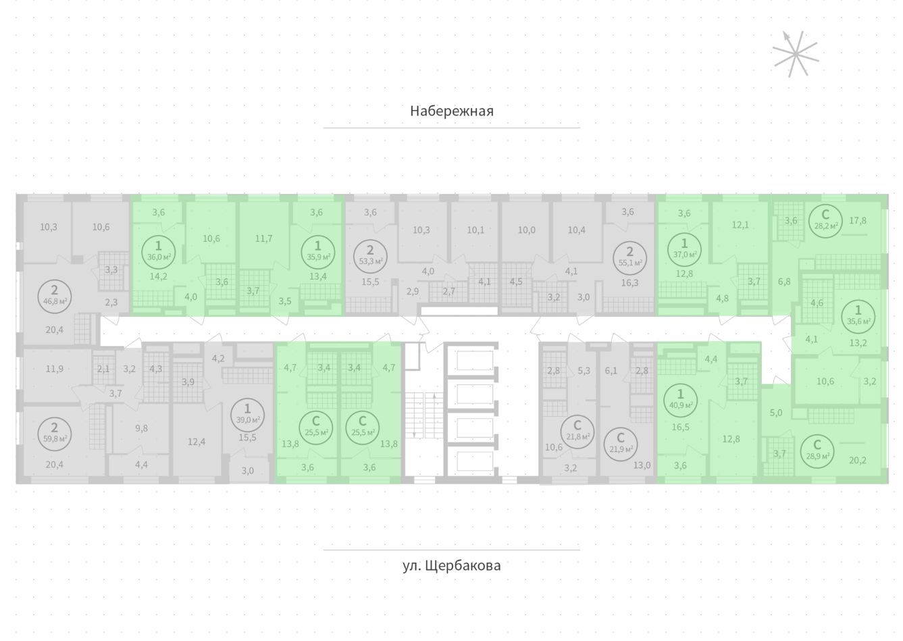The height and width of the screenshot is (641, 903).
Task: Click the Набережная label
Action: (451, 111)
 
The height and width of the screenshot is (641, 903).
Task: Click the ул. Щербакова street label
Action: (451, 565)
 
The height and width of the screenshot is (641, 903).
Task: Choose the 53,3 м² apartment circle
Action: (370, 255)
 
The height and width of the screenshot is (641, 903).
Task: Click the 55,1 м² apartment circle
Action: (629, 255)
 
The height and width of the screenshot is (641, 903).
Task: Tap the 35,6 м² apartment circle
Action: (858, 315)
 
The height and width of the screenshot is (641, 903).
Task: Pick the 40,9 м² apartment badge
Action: (680, 399)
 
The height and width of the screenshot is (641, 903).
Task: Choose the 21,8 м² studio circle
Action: (577, 430)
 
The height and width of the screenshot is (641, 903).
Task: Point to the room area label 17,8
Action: (858, 220)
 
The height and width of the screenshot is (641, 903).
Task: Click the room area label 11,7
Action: (264, 238)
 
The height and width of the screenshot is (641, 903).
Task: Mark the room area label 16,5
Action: (679, 428)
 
